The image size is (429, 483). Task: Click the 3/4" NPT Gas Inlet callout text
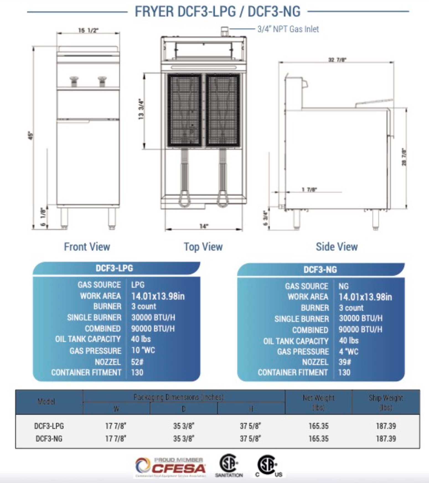[x=288, y=29]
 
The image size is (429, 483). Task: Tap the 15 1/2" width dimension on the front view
[x=88, y=30]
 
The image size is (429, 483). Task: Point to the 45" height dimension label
[x=31, y=135]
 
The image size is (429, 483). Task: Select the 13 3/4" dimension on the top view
[x=141, y=109]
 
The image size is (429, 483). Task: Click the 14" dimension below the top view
[x=204, y=226]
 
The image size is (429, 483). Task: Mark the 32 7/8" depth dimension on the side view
[x=337, y=60]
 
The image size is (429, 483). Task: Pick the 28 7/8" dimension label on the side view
[x=404, y=157]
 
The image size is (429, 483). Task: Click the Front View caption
[x=87, y=246]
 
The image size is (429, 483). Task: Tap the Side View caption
[x=337, y=246]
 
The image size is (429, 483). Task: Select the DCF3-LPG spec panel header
[x=114, y=268]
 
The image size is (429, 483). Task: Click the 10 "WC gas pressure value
[x=143, y=350]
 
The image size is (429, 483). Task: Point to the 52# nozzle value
[x=137, y=362]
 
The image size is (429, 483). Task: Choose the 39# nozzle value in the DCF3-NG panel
[x=345, y=362]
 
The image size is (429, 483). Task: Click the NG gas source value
[x=343, y=286]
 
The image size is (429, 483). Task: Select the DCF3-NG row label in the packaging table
[x=49, y=439]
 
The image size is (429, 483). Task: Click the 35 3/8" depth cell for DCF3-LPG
[x=184, y=426]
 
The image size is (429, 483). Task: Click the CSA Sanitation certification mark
[x=229, y=466]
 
